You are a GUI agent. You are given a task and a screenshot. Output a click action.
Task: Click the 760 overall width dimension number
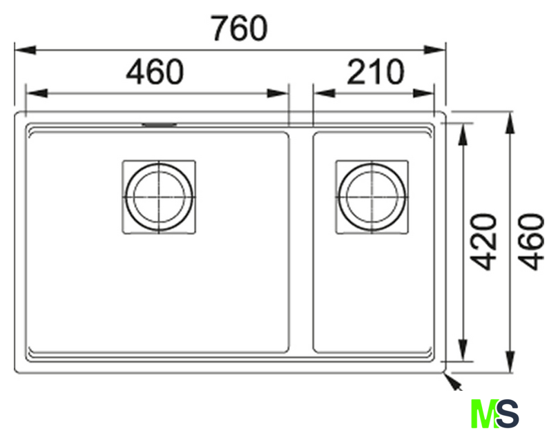click(239, 28)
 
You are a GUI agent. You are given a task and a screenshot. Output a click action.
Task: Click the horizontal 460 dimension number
click(155, 72)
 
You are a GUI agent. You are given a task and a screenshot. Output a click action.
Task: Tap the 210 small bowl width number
click(376, 72)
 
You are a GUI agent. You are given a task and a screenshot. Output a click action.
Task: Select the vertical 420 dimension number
click(483, 242)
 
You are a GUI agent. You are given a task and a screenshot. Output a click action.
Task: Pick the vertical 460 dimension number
click(531, 242)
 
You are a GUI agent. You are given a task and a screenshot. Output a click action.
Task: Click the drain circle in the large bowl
click(159, 197)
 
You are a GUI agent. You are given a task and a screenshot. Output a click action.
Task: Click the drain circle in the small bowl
click(372, 197)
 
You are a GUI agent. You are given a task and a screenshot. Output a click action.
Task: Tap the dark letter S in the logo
click(507, 414)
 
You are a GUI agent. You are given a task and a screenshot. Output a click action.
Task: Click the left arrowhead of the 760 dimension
click(26, 50)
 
